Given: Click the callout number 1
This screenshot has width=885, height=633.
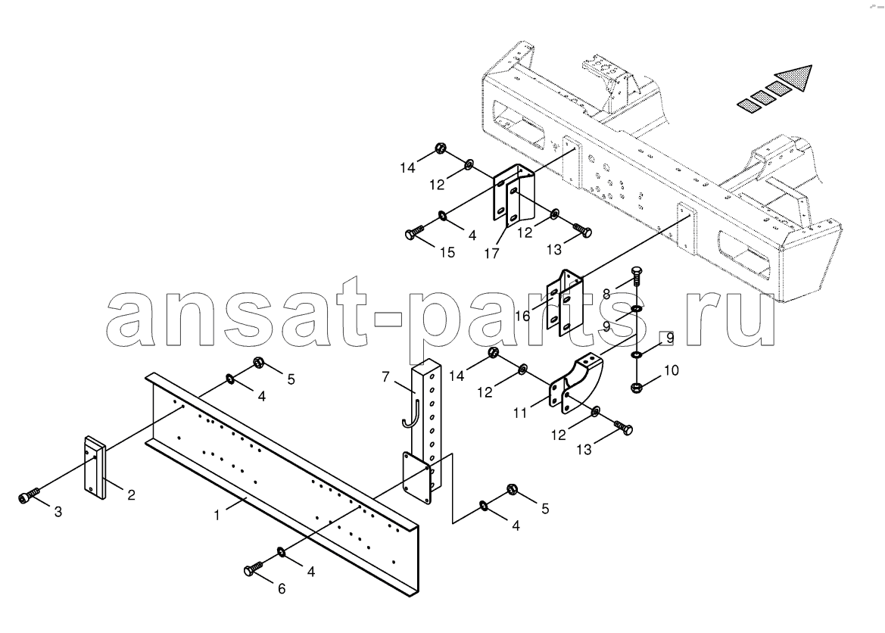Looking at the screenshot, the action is point(217,515).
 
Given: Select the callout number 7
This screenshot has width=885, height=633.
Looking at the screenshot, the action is point(385,376).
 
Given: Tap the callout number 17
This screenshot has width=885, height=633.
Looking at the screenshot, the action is point(491,254).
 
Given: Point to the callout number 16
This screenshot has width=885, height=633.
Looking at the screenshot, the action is point(522,316).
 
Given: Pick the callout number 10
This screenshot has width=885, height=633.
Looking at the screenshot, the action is point(672,370).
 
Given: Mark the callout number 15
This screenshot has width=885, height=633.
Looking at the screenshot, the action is point(447,252).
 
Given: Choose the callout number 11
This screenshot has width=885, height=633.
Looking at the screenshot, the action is point(520,413).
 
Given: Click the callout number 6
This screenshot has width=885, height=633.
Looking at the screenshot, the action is point(281,589).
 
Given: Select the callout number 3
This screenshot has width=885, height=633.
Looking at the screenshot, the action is point(58,512).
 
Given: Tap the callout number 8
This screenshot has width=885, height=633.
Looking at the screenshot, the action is point(606,294).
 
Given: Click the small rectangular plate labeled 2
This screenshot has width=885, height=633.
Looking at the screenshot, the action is point(95,467).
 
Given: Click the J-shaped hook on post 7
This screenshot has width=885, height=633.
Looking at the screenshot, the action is point(411,413).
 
